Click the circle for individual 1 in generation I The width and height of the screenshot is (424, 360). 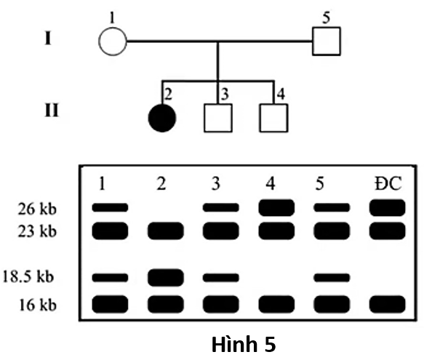pyautogui.click(x=112, y=41)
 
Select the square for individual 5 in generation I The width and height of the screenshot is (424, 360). pyautogui.click(x=327, y=41)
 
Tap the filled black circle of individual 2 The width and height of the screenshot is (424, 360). pyautogui.click(x=161, y=118)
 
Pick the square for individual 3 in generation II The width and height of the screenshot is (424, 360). pyautogui.click(x=217, y=118)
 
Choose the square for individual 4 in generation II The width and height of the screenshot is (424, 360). pyautogui.click(x=274, y=118)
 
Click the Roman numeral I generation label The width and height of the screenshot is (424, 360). pyautogui.click(x=48, y=38)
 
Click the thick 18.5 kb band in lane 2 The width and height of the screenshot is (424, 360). pyautogui.click(x=165, y=277)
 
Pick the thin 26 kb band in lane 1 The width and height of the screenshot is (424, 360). pyautogui.click(x=110, y=208)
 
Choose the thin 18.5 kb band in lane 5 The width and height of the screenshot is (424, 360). pyautogui.click(x=332, y=277)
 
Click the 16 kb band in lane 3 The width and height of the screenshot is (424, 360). pyautogui.click(x=220, y=303)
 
